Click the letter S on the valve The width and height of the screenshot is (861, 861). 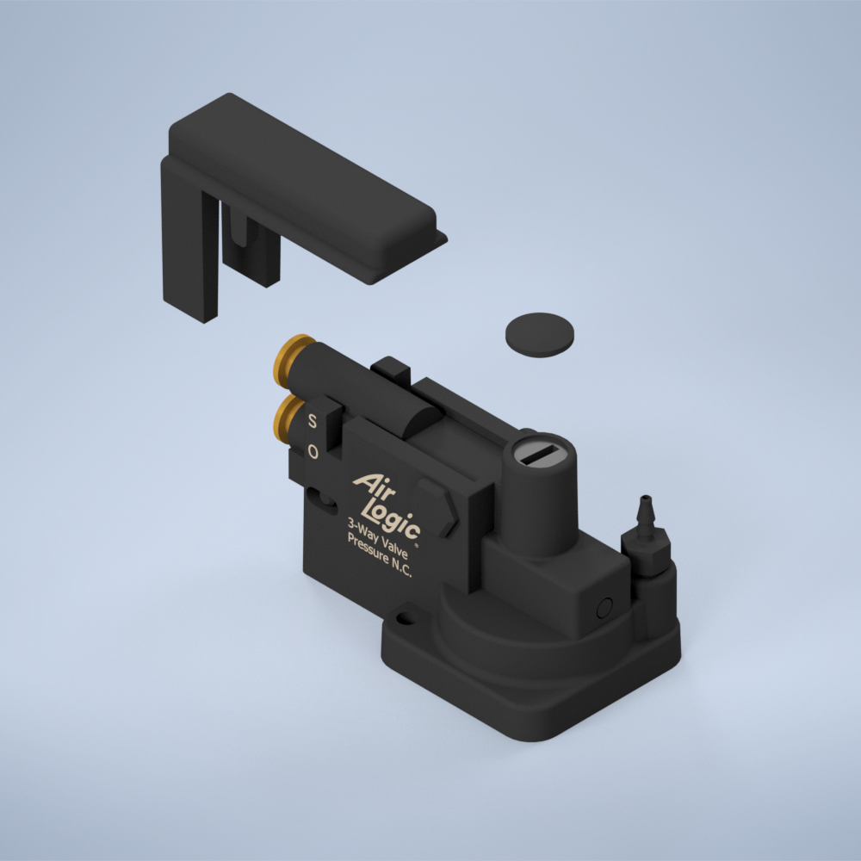312,421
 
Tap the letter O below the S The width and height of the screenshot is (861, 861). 313,451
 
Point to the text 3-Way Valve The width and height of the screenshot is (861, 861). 377,537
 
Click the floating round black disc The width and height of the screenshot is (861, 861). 540,335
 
